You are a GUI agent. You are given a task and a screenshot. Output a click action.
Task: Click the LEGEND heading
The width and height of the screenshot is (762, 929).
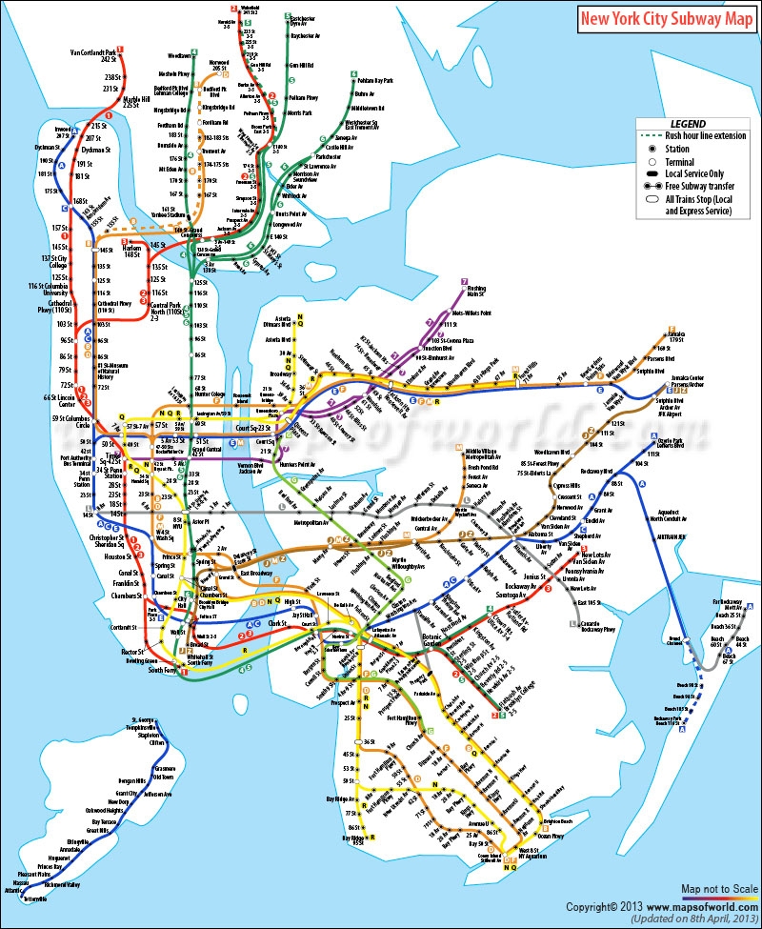[688, 124]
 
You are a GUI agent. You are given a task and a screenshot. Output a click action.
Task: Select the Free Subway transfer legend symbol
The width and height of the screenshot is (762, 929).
[653, 188]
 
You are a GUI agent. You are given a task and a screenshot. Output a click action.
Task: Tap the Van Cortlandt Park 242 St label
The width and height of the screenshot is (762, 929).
[96, 55]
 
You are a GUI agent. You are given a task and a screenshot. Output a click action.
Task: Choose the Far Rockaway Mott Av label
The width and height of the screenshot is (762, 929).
[727, 606]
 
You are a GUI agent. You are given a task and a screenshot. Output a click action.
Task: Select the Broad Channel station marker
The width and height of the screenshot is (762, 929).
[674, 636]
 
